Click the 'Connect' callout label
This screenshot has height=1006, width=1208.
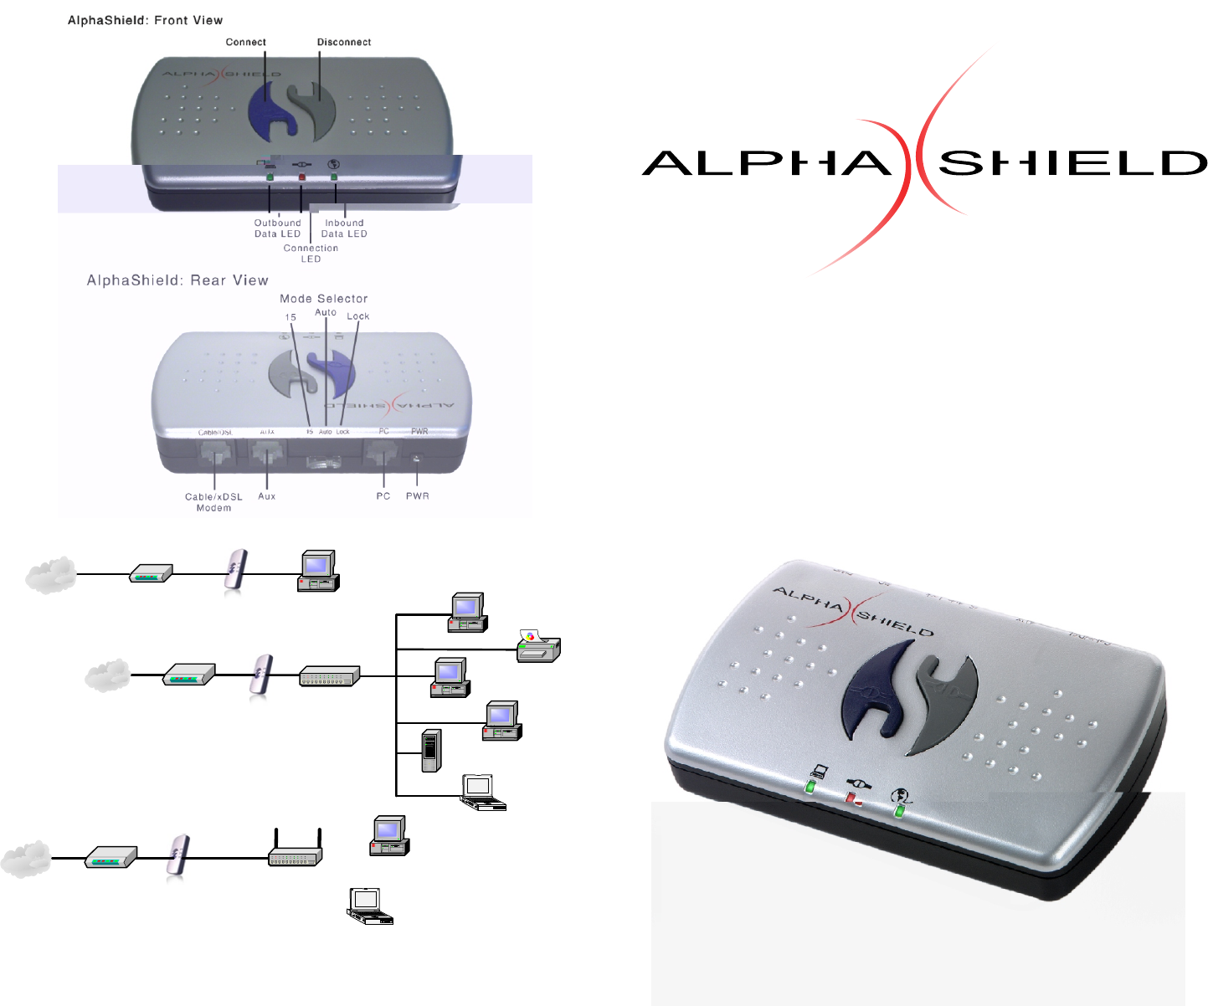click(x=245, y=42)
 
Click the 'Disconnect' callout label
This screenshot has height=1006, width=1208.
click(x=344, y=42)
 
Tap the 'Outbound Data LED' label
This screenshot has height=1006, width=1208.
click(x=277, y=228)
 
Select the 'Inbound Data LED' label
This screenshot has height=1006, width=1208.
click(x=344, y=228)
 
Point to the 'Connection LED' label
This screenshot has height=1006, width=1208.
click(x=311, y=254)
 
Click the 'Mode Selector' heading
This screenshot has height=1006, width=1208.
click(x=324, y=299)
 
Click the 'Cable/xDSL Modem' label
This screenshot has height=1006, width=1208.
click(x=213, y=502)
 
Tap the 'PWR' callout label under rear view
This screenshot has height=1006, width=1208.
click(x=418, y=496)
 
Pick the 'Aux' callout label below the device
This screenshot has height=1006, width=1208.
click(x=267, y=496)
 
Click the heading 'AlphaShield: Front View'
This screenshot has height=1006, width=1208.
click(x=146, y=20)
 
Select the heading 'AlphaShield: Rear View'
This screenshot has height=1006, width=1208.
click(x=177, y=280)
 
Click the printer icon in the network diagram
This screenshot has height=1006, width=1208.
click(x=537, y=647)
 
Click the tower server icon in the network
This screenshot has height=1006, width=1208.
click(x=431, y=751)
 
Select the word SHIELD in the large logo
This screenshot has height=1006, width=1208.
click(x=1073, y=163)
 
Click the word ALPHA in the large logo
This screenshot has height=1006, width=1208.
click(x=767, y=163)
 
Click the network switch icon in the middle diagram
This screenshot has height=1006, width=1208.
click(x=330, y=676)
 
